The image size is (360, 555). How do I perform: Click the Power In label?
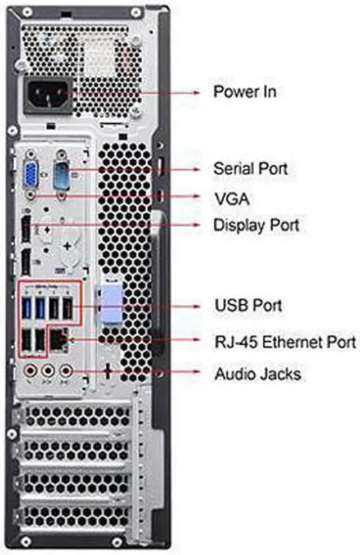[244, 92]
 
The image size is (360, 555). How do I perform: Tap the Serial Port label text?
[250, 168]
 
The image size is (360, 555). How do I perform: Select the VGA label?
[231, 197]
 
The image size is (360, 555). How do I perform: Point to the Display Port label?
[256, 225]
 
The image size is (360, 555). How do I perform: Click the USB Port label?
[248, 306]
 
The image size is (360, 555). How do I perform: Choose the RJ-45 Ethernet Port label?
[285, 341]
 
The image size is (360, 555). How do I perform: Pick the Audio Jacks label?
[257, 373]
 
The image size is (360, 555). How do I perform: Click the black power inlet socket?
[48, 94]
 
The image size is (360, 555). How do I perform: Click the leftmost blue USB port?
[27, 308]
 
